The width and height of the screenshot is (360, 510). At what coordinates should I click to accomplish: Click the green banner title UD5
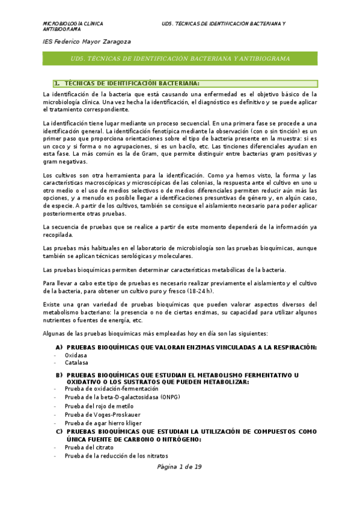click(180, 59)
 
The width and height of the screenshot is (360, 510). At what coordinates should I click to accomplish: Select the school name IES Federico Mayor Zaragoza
click(87, 41)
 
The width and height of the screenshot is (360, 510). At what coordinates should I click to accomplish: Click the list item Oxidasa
click(76, 355)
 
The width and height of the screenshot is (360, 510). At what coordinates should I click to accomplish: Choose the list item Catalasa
click(76, 363)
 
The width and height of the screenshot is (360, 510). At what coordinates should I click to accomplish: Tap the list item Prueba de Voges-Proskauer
click(102, 414)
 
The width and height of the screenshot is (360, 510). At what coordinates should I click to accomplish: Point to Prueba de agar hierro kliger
click(103, 423)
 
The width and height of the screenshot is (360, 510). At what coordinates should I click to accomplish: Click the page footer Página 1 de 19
click(180, 467)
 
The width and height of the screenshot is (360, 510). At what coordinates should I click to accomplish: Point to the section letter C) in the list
click(59, 432)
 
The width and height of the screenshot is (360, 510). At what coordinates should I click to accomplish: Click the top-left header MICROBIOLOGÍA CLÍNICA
click(73, 23)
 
